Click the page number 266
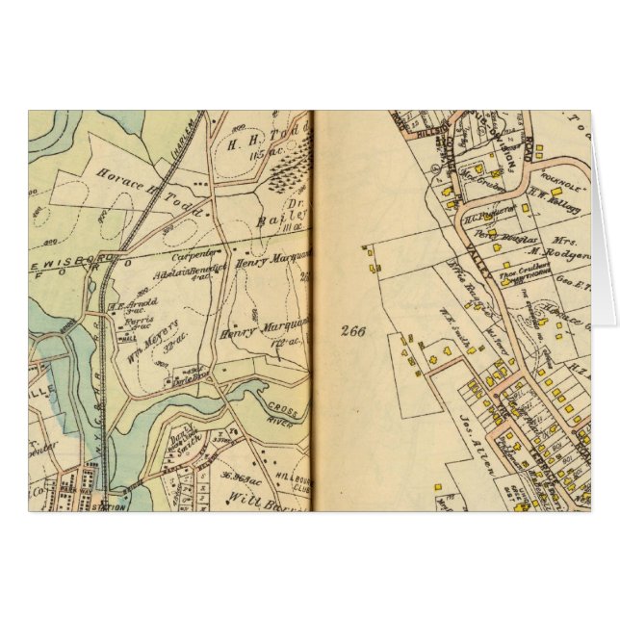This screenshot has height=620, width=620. (352, 330)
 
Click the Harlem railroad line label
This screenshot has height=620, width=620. (203, 150)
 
